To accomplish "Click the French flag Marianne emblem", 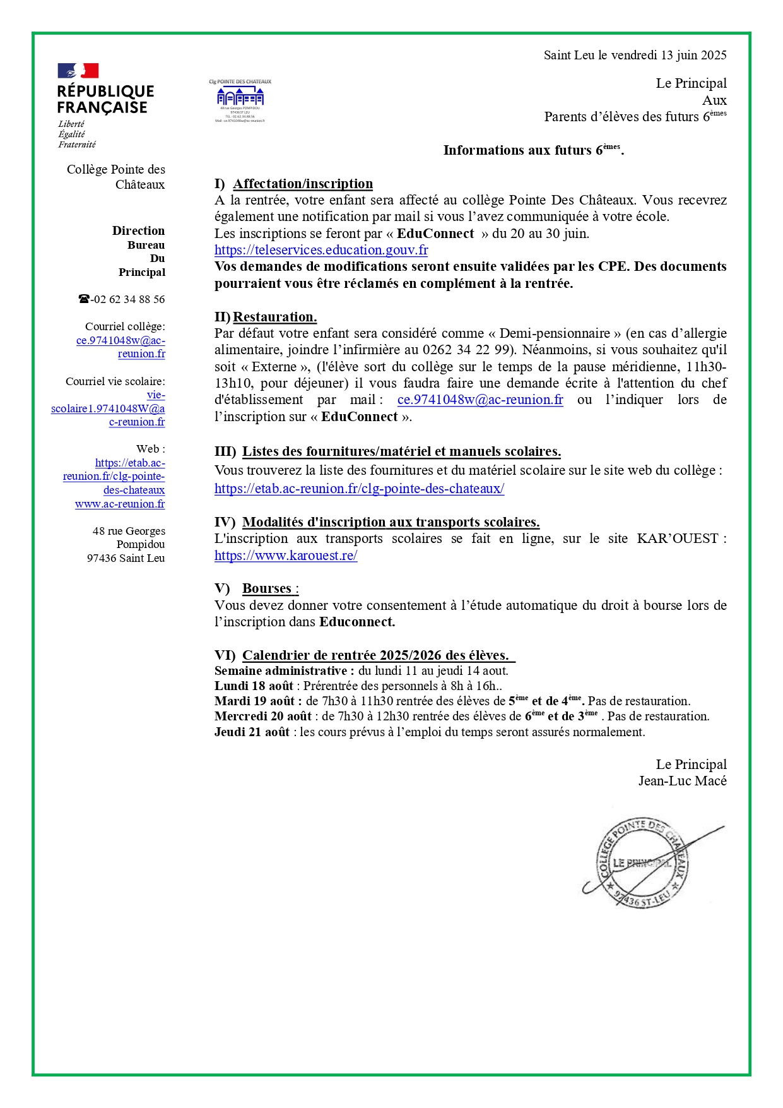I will click(78, 71).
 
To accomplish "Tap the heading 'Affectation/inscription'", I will click(303, 184).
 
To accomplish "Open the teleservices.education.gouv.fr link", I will click(321, 250).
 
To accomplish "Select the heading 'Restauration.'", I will click(275, 317).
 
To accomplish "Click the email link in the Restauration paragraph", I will click(480, 400).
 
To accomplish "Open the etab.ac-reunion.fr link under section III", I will click(359, 489).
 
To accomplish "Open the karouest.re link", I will click(286, 556).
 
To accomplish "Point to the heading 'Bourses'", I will click(267, 588).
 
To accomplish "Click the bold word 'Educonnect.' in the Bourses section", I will click(357, 622).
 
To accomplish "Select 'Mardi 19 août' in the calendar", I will click(254, 701).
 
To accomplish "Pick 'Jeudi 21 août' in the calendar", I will click(252, 732).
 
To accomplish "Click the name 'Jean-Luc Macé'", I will click(682, 781).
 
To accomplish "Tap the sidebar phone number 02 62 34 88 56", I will click(128, 299).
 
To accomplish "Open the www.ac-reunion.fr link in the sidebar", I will click(120, 504).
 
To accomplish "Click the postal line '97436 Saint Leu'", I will click(126, 558).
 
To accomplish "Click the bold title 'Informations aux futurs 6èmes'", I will click(533, 150).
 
